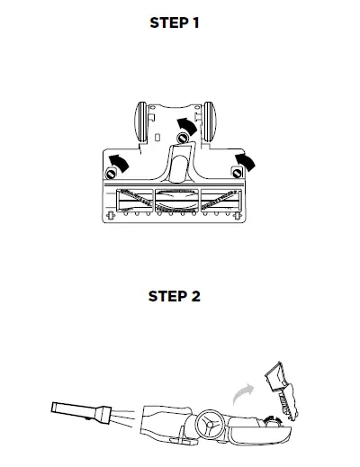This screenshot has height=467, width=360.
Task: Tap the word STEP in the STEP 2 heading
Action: [168, 296]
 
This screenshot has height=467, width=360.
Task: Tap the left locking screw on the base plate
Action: [113, 171]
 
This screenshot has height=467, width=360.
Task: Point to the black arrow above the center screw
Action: [185, 123]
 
